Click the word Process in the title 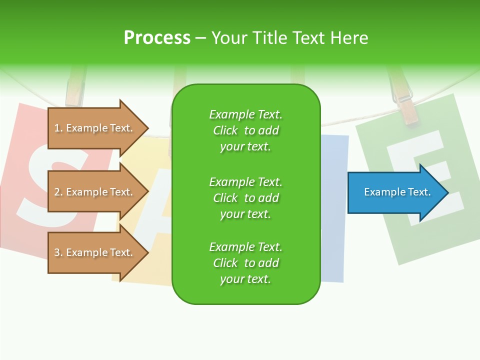(157, 38)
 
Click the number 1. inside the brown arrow (58, 128)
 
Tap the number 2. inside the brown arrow (58, 192)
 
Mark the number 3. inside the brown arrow (58, 252)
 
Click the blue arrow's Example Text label (397, 192)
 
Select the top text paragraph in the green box (245, 130)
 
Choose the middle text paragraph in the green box (245, 198)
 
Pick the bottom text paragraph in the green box (245, 263)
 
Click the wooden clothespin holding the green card (405, 100)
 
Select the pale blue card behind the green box (333, 210)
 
